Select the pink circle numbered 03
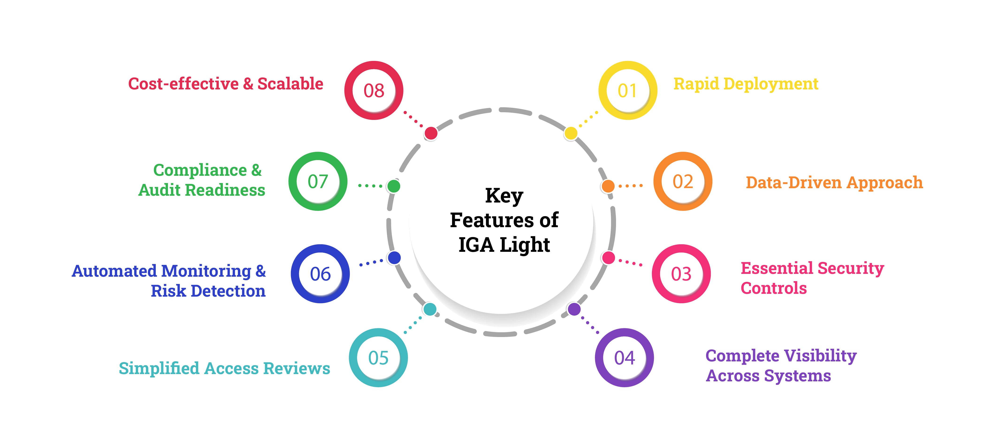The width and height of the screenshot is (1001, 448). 681,274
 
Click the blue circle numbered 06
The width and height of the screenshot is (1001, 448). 320,274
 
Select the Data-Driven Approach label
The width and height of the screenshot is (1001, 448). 834,182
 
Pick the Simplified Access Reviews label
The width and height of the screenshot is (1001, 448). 224,368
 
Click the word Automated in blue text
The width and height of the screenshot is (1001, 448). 115,271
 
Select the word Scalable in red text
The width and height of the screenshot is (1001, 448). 290,84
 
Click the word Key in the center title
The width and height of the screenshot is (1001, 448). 504,196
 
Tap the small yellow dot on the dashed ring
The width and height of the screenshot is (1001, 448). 571,133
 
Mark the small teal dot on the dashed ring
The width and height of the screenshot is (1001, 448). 430,309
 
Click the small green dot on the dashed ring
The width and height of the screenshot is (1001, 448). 394,186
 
